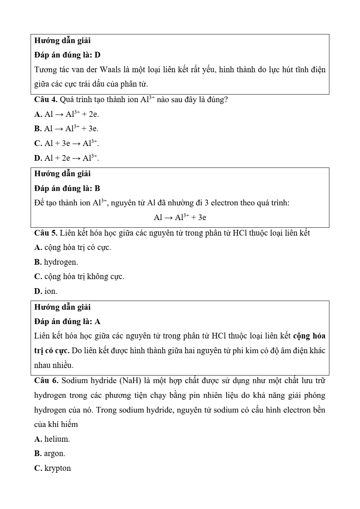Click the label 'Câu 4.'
pyautogui.click(x=45, y=100)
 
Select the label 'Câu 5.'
pyautogui.click(x=45, y=233)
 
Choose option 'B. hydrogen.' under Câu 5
pyautogui.click(x=56, y=262)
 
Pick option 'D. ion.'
pyautogui.click(x=46, y=291)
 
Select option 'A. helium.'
pyautogui.click(x=52, y=439)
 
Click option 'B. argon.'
pyautogui.click(x=50, y=453)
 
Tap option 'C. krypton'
pyautogui.click(x=53, y=468)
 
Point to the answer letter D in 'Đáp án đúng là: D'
pyautogui.click(x=98, y=55)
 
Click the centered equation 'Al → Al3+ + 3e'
pyautogui.click(x=180, y=217)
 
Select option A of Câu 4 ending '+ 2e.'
pyautogui.click(x=67, y=114)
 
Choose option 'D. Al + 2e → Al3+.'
pyautogui.click(x=67, y=158)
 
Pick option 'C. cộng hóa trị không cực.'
pyautogui.click(x=79, y=277)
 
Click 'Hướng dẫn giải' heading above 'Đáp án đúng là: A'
pyautogui.click(x=62, y=307)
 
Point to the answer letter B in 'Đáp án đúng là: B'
pyautogui.click(x=97, y=188)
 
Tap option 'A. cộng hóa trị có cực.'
pyautogui.click(x=73, y=248)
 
